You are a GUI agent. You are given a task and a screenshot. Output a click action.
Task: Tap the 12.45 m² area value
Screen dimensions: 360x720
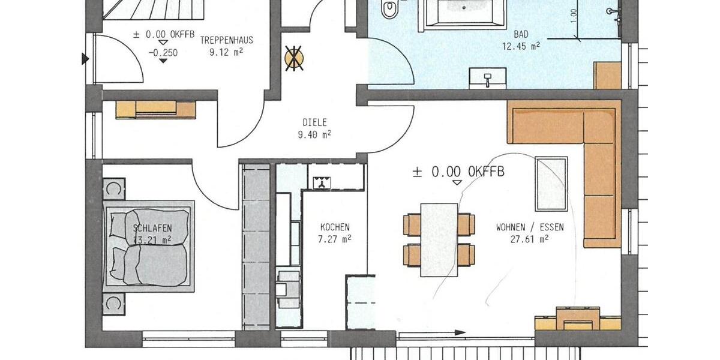(x=521, y=46)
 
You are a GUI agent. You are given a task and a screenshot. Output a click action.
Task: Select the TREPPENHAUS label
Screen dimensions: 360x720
(x=227, y=41)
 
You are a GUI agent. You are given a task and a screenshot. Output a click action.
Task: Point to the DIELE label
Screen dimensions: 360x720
(x=314, y=124)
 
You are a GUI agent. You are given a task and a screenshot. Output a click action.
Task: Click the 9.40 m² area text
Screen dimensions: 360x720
(x=314, y=135)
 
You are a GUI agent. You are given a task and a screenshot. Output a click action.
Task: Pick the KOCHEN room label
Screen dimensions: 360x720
(x=334, y=227)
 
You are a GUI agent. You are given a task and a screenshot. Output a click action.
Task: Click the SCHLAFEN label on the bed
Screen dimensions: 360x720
(x=153, y=228)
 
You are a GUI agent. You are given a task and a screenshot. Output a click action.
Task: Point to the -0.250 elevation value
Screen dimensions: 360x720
(x=162, y=53)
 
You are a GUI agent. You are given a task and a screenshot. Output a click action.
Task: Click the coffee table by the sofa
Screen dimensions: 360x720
(x=551, y=183)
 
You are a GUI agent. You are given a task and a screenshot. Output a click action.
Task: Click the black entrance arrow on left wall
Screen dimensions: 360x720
(x=85, y=59)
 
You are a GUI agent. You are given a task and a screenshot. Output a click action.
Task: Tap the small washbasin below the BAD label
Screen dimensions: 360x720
(x=488, y=77)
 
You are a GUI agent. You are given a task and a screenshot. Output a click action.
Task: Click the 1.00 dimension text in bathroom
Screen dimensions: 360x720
(x=574, y=13)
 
